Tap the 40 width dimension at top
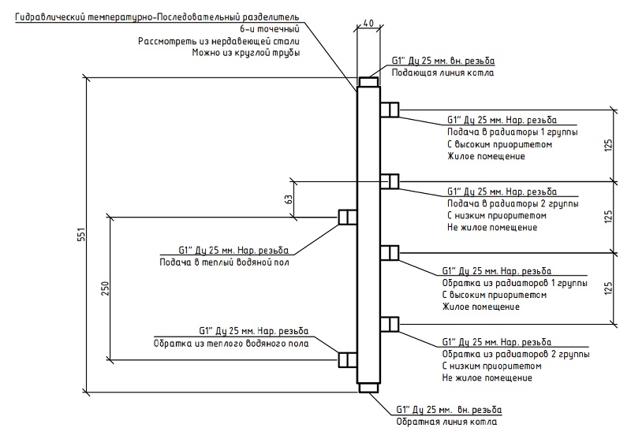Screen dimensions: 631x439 click(x=368, y=24)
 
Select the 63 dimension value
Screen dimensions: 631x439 click(x=289, y=199)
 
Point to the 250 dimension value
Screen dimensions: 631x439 click(x=106, y=288)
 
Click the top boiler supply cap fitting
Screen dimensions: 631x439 click(x=368, y=82)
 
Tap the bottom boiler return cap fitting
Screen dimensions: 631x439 click(x=368, y=388)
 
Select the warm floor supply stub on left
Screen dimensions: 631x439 click(x=347, y=217)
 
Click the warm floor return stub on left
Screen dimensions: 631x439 click(x=347, y=360)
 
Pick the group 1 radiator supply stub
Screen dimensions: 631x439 click(x=390, y=110)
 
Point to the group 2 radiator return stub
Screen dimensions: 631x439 click(x=390, y=324)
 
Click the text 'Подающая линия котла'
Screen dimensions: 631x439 click(x=442, y=73)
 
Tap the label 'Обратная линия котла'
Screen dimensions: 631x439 click(x=446, y=422)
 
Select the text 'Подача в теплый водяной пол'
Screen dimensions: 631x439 click(x=225, y=262)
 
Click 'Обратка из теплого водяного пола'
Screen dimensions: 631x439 click(x=231, y=344)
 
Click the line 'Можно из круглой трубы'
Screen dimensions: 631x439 click(x=246, y=53)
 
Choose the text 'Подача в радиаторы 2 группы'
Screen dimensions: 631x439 click(x=513, y=204)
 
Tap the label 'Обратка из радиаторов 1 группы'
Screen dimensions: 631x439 click(x=515, y=283)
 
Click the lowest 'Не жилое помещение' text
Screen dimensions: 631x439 click(x=487, y=378)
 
